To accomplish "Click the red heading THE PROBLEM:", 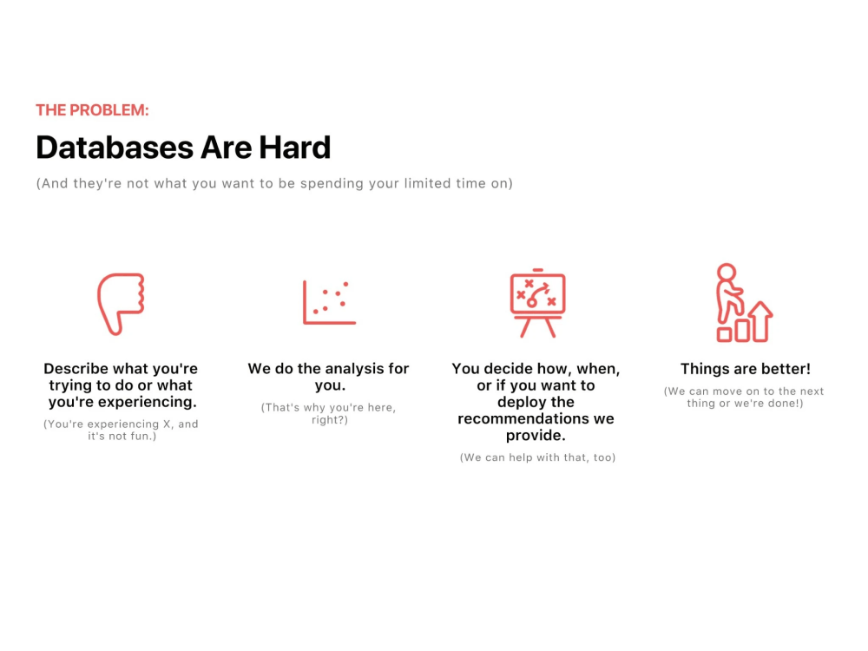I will tap(92, 110).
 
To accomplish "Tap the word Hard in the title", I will tap(294, 148).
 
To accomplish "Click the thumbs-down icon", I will tap(120, 303).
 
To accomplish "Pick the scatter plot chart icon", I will tap(329, 302).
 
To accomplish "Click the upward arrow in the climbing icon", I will tap(760, 320).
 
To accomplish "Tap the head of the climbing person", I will tap(727, 272).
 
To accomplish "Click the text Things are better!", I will tap(745, 369).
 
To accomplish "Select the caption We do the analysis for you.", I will tap(328, 377).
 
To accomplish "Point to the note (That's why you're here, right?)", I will tap(328, 414).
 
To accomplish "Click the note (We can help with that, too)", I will tap(537, 457).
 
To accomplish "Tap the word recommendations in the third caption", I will tap(523, 418).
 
